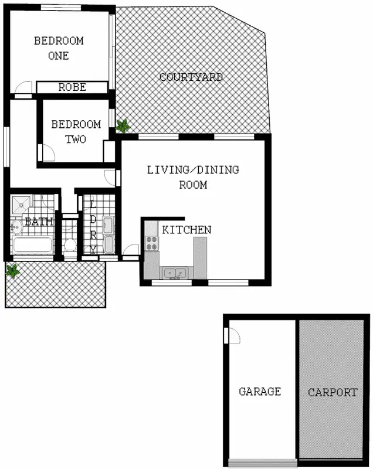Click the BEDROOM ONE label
[59, 48]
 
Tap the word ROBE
[72, 87]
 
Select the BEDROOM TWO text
[76, 131]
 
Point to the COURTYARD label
[191, 77]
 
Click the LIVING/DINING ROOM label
[193, 177]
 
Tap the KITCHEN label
[186, 230]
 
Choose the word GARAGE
[260, 392]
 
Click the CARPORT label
[333, 393]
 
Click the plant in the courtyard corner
[123, 125]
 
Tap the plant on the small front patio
[12, 270]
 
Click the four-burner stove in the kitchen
[152, 242]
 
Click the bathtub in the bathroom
[33, 245]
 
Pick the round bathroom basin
[15, 224]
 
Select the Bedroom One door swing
[23, 89]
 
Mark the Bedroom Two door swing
[48, 154]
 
